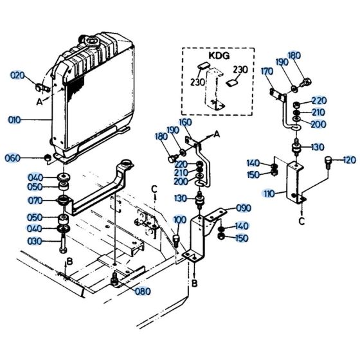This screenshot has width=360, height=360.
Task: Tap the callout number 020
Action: click(x=19, y=75)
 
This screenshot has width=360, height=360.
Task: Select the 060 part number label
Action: click(x=13, y=159)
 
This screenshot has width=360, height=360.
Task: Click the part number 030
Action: click(x=35, y=241)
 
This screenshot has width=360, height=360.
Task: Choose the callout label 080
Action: click(x=143, y=291)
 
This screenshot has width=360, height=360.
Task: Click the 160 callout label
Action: click(x=185, y=122)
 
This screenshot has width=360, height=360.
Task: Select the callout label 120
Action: click(x=349, y=159)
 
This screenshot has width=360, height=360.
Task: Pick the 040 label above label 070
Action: click(x=35, y=177)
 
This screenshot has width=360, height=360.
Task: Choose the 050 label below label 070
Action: click(x=35, y=217)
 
